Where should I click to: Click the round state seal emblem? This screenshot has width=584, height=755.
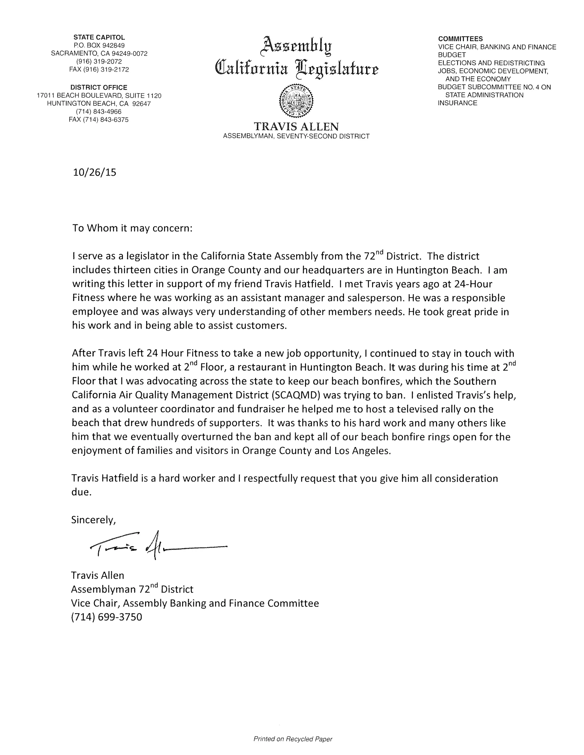coord(296,100)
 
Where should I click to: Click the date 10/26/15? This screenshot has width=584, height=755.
coord(94,172)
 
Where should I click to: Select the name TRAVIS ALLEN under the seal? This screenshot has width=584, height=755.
coord(296,126)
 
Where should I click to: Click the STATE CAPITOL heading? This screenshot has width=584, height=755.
coord(99,37)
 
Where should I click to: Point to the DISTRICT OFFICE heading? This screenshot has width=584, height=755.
coord(99,87)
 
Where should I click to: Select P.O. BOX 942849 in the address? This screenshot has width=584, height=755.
coord(99,45)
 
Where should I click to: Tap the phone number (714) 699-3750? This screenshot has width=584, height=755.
coord(107,617)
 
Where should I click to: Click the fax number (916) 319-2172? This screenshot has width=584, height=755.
coord(99,70)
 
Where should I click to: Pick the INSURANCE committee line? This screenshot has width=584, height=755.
coord(457,103)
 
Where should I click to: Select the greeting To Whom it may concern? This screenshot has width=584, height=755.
coord(132,228)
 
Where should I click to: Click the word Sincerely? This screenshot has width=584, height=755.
coord(93,520)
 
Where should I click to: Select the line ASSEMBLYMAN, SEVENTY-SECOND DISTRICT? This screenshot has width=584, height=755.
coord(296,136)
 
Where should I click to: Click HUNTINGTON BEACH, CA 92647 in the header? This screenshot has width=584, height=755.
coord(99,103)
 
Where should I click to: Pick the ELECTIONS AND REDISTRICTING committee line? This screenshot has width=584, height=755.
coord(491,63)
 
